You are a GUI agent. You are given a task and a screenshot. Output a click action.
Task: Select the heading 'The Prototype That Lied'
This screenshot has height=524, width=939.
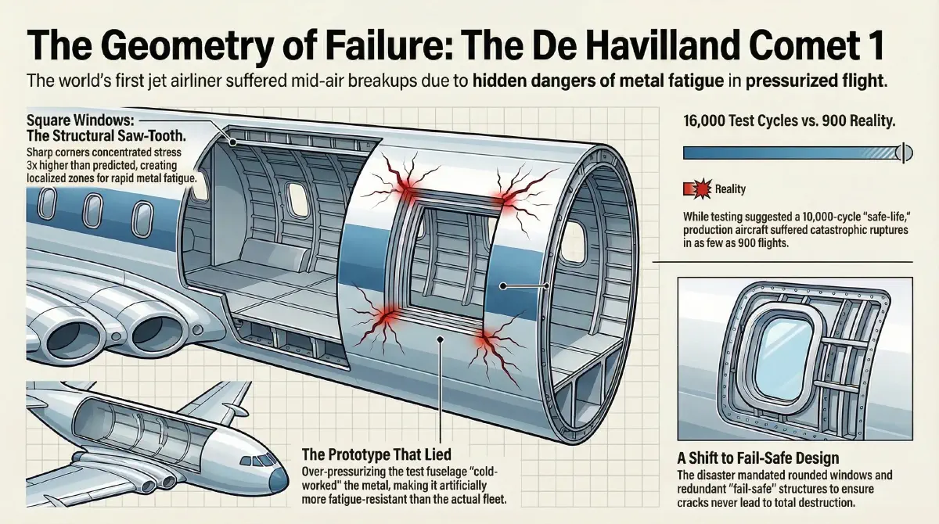coord(376,454)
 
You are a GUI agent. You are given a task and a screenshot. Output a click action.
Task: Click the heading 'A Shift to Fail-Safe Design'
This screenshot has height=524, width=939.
coord(758,458)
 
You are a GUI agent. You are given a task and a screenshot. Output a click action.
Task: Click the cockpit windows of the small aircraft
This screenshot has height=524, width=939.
coord(257,461)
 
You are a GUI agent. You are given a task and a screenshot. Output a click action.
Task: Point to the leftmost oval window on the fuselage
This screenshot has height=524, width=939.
coord(47,204)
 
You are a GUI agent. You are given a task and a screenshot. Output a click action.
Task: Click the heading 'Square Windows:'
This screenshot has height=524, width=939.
coord(81,121)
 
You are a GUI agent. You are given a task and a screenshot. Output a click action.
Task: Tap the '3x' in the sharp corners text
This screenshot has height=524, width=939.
coord(32,166)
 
